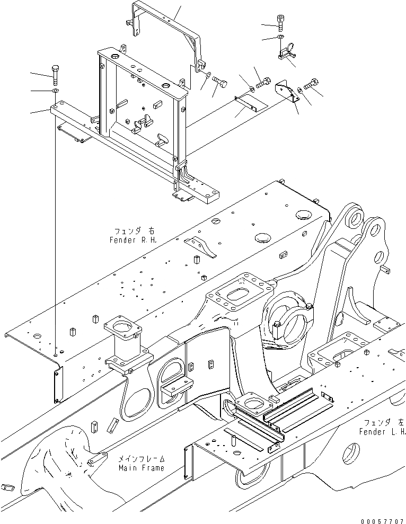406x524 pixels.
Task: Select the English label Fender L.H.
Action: coord(382,431)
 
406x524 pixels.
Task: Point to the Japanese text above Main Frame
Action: coord(142,459)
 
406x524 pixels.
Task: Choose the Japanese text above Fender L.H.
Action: coord(383,423)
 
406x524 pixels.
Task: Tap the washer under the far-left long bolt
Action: coord(56,92)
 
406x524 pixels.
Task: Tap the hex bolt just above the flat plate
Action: coord(263,83)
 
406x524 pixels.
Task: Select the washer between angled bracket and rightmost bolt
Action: coord(301,90)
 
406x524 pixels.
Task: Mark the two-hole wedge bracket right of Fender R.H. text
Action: coord(201,247)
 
